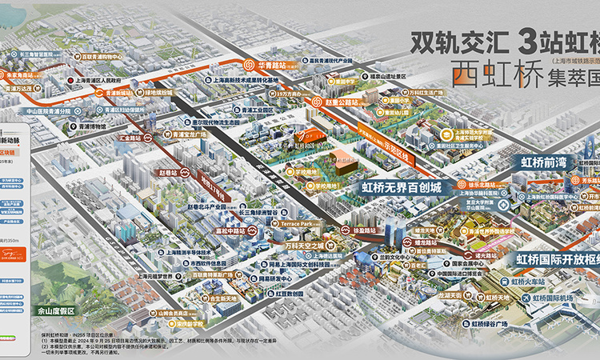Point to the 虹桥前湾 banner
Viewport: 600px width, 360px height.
click(543, 161)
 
